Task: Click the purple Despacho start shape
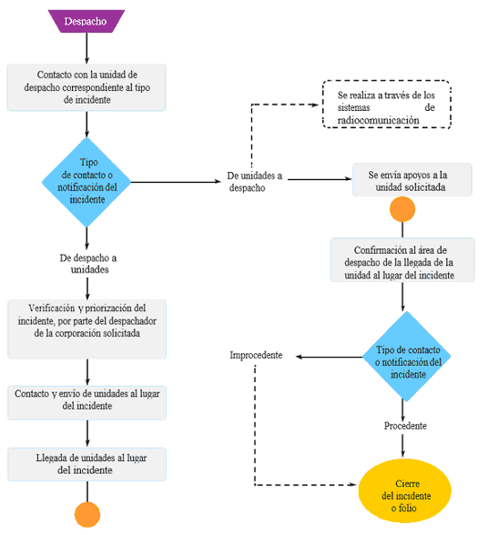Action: click(86, 21)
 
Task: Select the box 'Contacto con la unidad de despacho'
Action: click(86, 87)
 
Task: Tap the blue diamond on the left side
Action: click(86, 182)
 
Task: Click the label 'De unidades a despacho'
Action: click(254, 182)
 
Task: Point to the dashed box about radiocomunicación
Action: click(387, 105)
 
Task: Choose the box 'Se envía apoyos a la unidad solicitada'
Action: click(412, 180)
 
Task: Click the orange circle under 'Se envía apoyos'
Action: click(402, 209)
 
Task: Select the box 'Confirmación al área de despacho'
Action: click(402, 259)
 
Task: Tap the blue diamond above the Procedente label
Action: click(406, 357)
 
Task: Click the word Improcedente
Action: click(256, 355)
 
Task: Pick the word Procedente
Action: click(405, 426)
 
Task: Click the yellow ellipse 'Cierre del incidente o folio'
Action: click(404, 491)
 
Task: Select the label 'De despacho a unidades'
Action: click(88, 264)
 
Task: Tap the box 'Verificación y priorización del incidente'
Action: click(87, 329)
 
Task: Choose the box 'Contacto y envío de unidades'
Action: click(87, 402)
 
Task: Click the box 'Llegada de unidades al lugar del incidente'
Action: click(87, 464)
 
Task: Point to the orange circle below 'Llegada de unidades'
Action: click(87, 515)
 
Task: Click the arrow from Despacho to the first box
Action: click(86, 48)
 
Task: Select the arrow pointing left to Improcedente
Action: click(329, 357)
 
